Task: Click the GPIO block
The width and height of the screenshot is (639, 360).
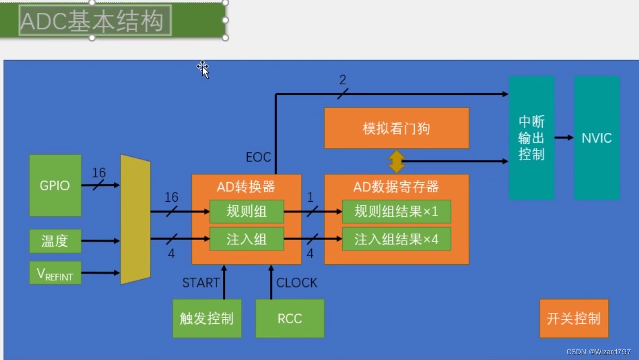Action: (x=55, y=185)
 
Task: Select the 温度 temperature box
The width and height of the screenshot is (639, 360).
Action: (x=55, y=241)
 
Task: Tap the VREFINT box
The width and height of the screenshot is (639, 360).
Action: (x=55, y=273)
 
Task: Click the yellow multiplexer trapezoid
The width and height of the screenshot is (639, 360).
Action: (x=135, y=220)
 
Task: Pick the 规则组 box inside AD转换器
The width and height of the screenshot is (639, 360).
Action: (x=247, y=211)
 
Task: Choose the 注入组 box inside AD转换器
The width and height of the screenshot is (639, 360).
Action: (x=247, y=239)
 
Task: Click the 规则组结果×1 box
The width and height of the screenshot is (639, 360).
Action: (x=396, y=211)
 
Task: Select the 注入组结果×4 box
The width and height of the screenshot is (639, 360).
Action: (x=396, y=239)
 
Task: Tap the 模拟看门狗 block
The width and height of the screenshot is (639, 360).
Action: (x=396, y=128)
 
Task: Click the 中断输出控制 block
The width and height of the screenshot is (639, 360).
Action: (x=531, y=138)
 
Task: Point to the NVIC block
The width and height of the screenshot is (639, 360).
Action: (x=597, y=138)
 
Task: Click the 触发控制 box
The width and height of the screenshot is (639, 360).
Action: (x=207, y=319)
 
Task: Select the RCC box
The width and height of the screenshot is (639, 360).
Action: (x=290, y=319)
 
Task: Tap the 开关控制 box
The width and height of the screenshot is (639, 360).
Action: (x=574, y=319)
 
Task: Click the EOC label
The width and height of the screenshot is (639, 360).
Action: (x=258, y=157)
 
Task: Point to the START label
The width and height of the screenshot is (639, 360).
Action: (x=201, y=283)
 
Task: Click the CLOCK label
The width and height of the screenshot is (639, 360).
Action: (x=297, y=283)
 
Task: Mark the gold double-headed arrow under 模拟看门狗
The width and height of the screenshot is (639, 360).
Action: (x=397, y=162)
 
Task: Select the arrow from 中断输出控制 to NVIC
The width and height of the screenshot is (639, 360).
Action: (x=564, y=138)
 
